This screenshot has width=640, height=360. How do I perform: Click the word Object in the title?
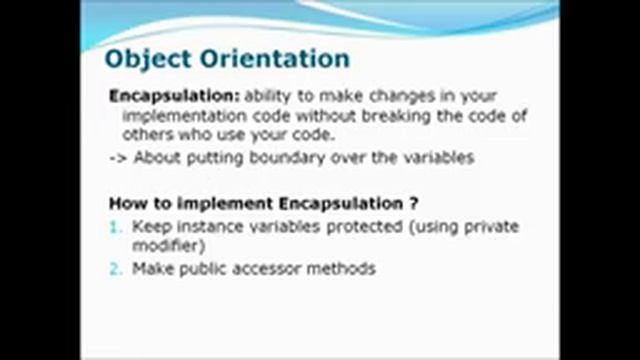pyautogui.click(x=147, y=58)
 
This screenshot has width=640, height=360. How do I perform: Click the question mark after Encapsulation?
pyautogui.click(x=413, y=203)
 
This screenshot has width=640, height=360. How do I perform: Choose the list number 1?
pyautogui.click(x=115, y=227)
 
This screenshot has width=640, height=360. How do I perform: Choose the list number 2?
pyautogui.click(x=115, y=268)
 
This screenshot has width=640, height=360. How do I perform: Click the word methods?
pyautogui.click(x=342, y=268)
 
